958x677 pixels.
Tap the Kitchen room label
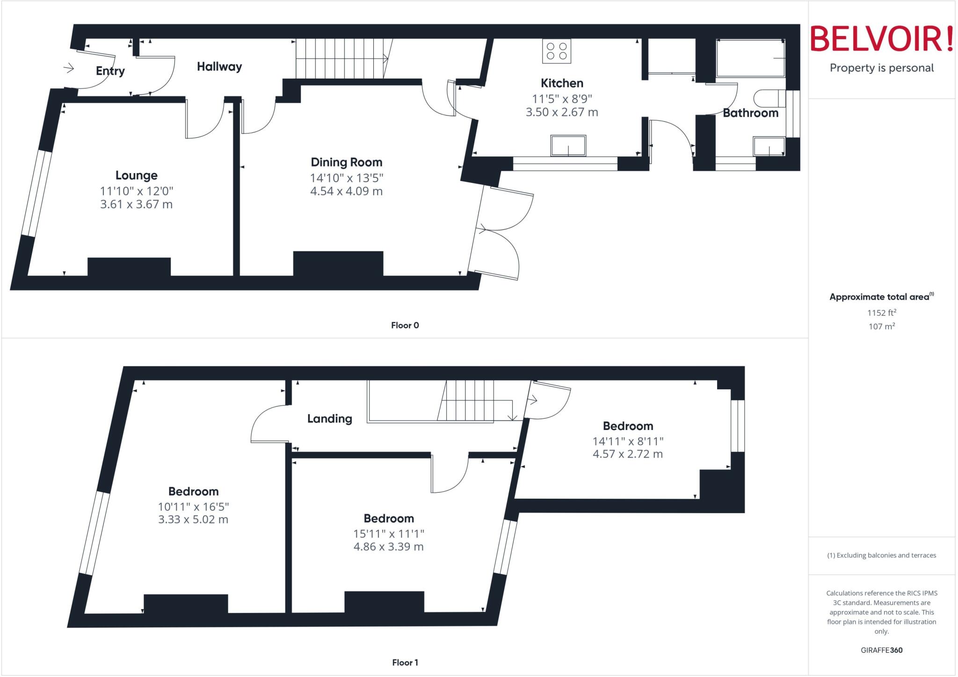[562, 83]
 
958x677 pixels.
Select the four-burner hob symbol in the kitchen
[557, 51]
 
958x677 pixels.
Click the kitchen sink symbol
[568, 146]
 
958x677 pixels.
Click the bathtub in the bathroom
[750, 58]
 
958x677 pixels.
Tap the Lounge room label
[136, 175]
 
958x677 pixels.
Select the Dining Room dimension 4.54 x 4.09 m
[346, 191]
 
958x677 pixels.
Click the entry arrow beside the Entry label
[69, 69]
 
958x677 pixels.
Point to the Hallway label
[219, 67]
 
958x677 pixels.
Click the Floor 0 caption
[405, 325]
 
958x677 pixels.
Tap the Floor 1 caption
[405, 662]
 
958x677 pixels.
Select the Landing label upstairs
[329, 419]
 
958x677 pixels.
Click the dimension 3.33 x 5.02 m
[193, 519]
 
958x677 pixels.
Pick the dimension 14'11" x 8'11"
[628, 441]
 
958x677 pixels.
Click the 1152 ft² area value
[881, 313]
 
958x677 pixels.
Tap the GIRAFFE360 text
[881, 650]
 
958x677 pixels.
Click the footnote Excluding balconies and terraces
[881, 555]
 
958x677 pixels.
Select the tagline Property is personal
[881, 68]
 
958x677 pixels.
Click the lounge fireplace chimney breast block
[129, 267]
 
